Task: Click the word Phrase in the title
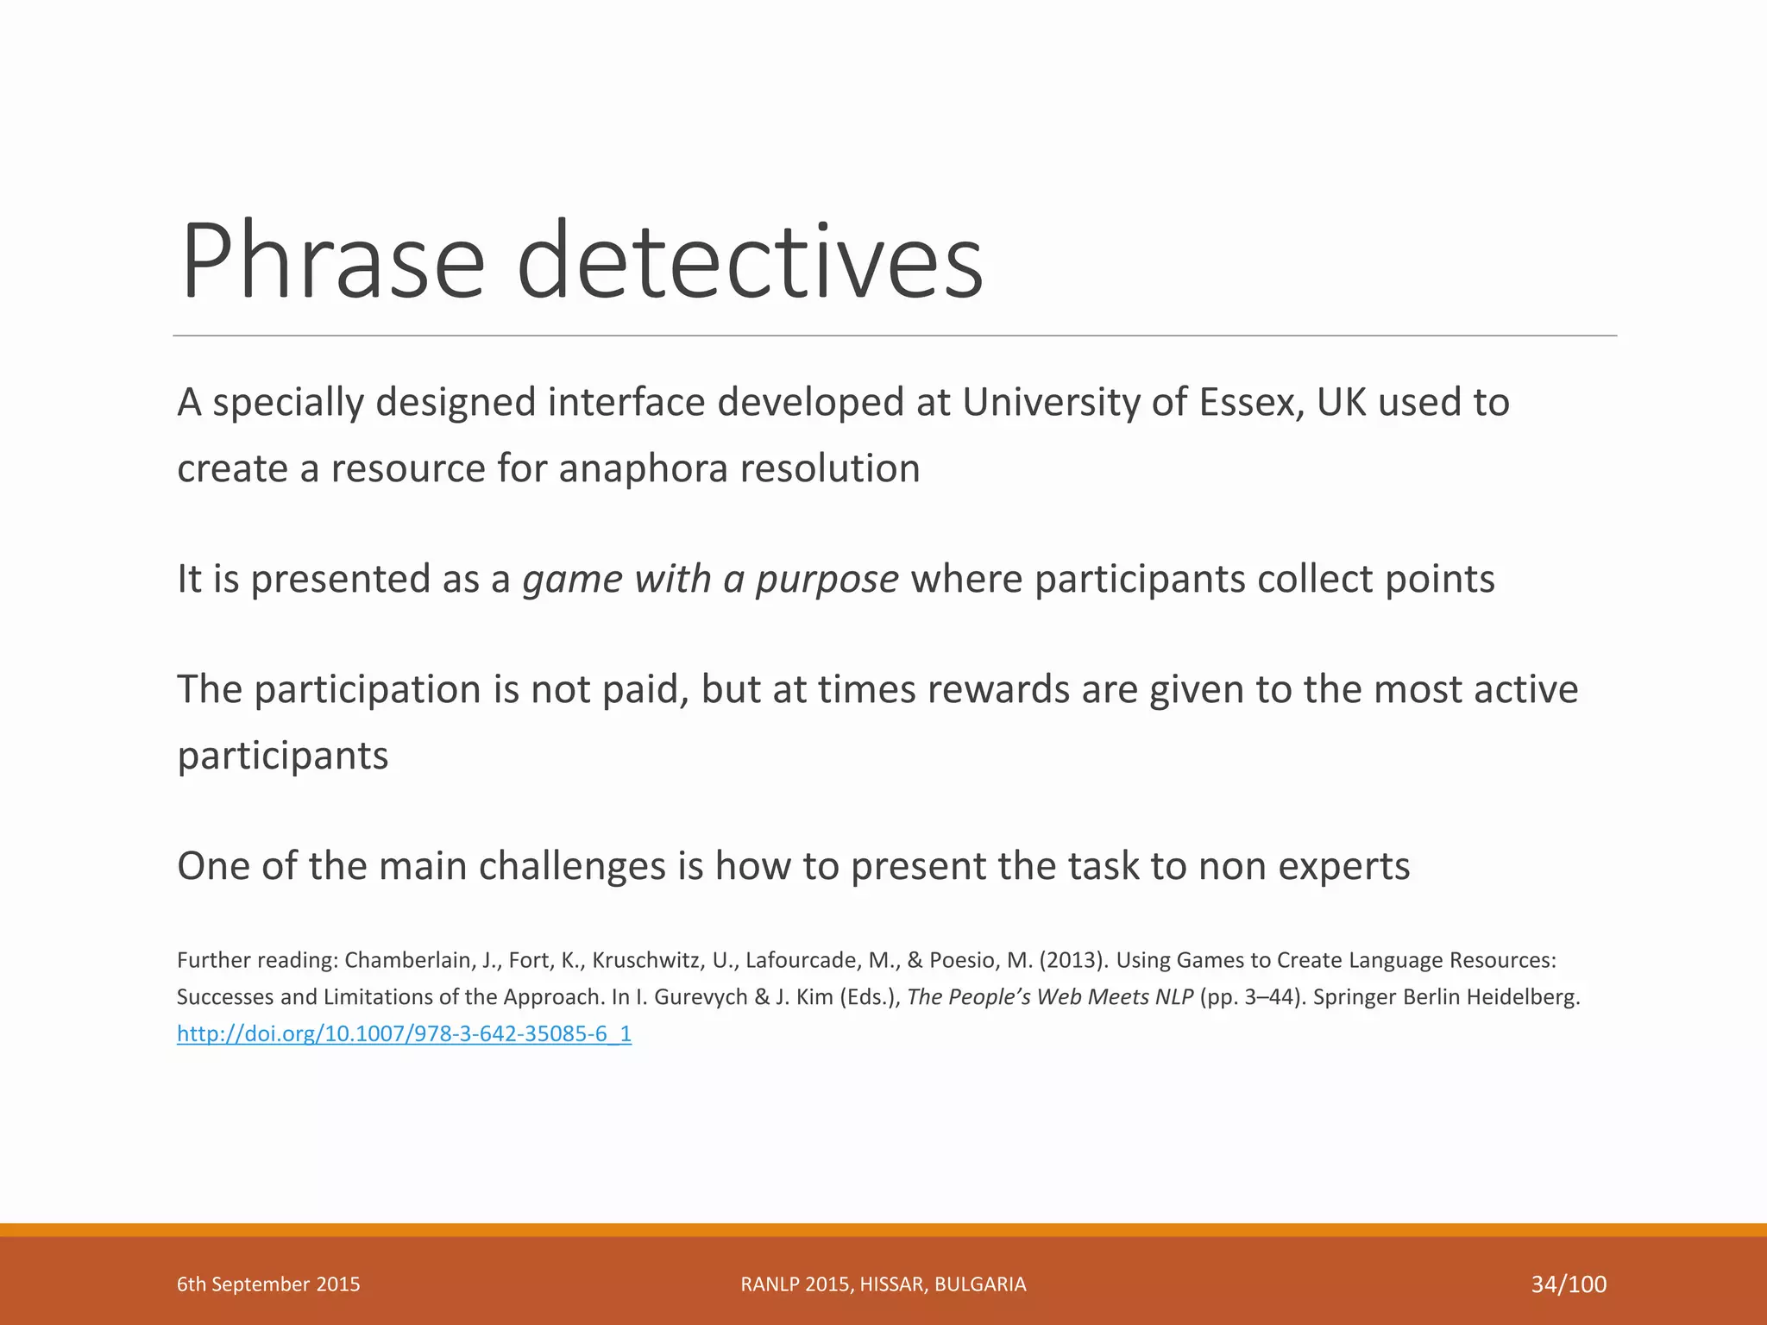332,261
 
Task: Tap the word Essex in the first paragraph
1251,403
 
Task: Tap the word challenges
571,867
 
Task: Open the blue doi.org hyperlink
404,1033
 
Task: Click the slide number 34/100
1568,1284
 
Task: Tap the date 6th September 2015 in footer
268,1284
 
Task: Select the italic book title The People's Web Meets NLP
1050,997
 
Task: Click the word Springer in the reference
1355,997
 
